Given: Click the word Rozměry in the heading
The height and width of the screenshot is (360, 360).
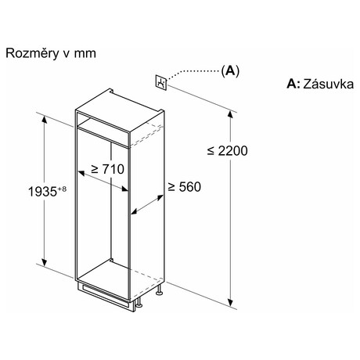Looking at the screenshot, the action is pos(32,53).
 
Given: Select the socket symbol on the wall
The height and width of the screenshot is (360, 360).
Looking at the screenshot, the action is pos(161,82).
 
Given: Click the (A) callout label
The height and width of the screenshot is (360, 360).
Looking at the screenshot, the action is pos(230,70).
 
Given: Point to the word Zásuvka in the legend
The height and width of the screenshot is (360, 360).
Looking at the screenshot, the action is pos(328,84).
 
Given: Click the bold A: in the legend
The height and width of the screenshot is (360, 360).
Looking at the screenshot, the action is pos(293,84).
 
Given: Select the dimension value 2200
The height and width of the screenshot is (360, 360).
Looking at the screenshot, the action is pos(232,151).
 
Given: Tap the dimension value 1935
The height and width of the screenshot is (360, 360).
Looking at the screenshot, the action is pos(42,192).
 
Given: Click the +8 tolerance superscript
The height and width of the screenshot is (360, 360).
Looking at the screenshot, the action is pos(62,189).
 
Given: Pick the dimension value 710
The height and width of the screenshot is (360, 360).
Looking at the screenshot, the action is pos(113,169).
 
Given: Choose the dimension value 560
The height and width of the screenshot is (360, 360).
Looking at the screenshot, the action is pos(189,187).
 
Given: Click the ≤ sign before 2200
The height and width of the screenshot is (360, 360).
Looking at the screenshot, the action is pos(211,151).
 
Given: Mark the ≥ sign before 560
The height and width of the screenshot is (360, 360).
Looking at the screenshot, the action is pos(171,187).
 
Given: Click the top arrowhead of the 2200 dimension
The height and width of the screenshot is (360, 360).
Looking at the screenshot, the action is pos(230,114).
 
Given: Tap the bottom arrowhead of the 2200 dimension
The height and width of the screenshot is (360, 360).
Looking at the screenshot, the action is pos(230,303).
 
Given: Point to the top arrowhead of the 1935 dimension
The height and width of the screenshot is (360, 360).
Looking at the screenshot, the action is pos(45,119).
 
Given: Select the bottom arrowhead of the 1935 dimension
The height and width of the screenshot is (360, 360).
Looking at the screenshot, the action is pos(45,262).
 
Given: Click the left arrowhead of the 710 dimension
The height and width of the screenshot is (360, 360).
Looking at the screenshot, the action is pos(81,173).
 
